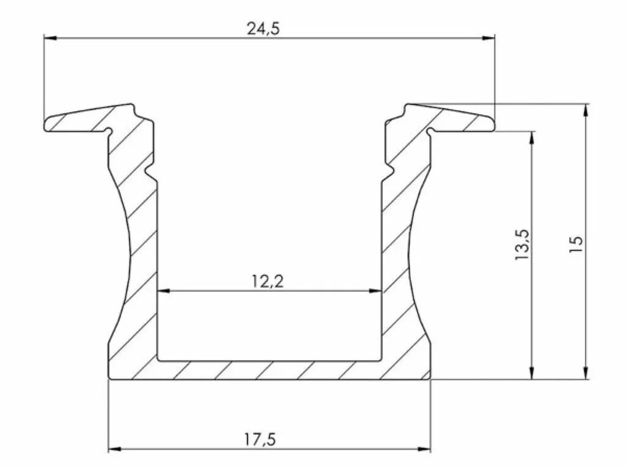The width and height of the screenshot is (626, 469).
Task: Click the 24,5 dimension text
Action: tap(263, 29)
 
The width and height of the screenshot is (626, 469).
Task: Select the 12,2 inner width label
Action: tap(268, 282)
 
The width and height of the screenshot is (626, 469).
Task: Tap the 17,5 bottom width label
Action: tap(260, 440)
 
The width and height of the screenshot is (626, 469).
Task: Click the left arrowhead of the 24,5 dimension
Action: tap(50, 38)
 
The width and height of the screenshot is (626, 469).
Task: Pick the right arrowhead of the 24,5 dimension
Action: tap(488, 38)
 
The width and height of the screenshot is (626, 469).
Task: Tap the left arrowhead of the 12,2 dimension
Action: tap(164, 291)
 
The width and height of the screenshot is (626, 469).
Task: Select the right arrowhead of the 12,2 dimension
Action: tap(375, 291)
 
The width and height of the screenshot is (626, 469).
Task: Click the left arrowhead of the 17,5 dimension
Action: tap(115, 449)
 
